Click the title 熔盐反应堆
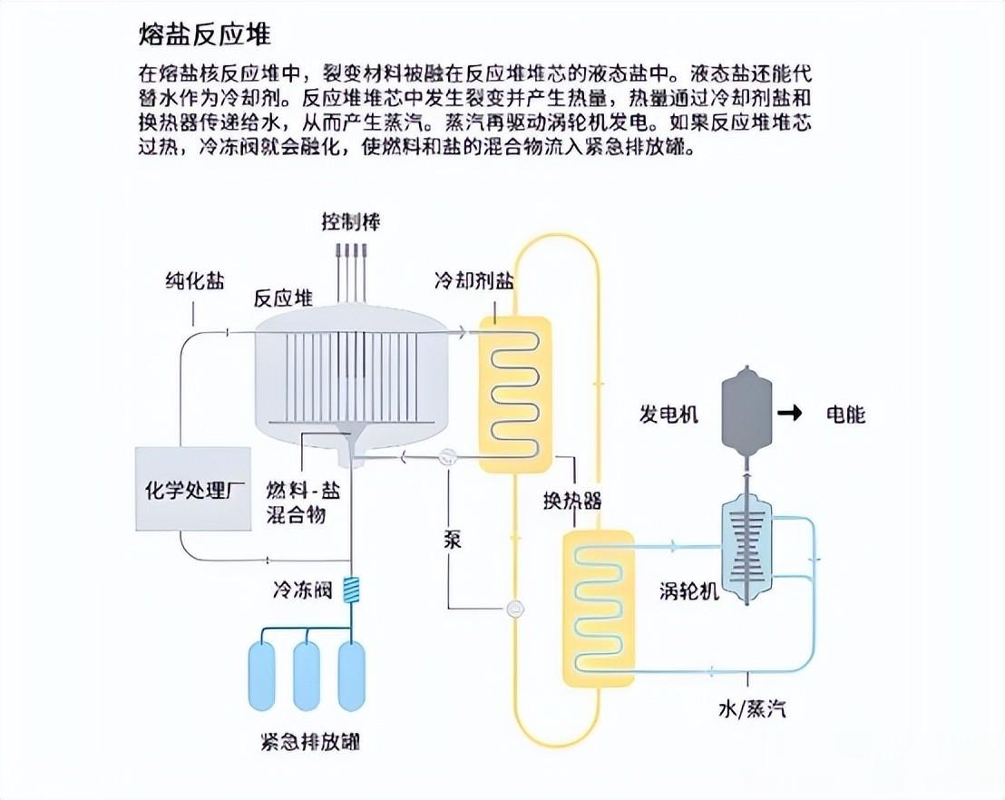pos(204,35)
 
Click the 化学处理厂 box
pos(193,489)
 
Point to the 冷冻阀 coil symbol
pos(350,591)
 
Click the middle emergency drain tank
pos(307,676)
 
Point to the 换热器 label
pos(571,502)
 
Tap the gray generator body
pos(746,410)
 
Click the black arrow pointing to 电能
pos(791,415)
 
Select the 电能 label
pos(845,415)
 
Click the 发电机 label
pos(668,415)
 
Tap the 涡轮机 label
pos(689,590)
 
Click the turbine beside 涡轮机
pos(746,543)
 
